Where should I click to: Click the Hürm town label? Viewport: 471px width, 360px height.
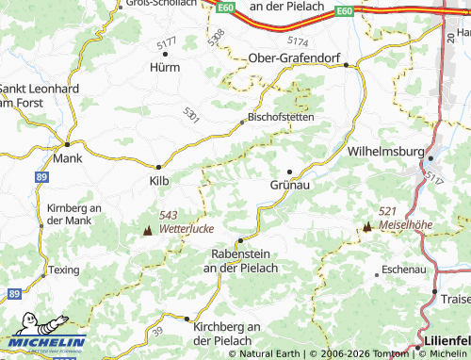pyautogui.click(x=164, y=68)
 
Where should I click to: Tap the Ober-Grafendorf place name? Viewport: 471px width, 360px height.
pyautogui.click(x=294, y=58)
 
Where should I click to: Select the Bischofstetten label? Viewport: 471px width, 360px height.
pyautogui.click(x=280, y=118)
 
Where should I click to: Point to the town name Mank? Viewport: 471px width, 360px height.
pyautogui.click(x=68, y=158)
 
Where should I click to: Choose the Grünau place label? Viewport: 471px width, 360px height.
pyautogui.click(x=289, y=186)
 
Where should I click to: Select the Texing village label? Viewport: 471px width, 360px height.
pyautogui.click(x=65, y=270)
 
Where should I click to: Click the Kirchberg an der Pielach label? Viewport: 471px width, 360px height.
pyautogui.click(x=222, y=332)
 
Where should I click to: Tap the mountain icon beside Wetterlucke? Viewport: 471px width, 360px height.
pyautogui.click(x=147, y=229)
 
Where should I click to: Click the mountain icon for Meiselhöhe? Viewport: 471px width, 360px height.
pyautogui.click(x=367, y=226)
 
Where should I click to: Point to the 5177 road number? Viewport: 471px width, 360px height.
pyautogui.click(x=167, y=44)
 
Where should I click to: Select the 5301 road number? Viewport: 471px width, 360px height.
pyautogui.click(x=191, y=112)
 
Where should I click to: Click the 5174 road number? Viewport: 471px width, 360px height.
pyautogui.click(x=297, y=41)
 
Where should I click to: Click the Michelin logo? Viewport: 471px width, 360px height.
pyautogui.click(x=47, y=342)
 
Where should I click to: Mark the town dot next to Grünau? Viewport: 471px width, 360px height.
pyautogui.click(x=289, y=171)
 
